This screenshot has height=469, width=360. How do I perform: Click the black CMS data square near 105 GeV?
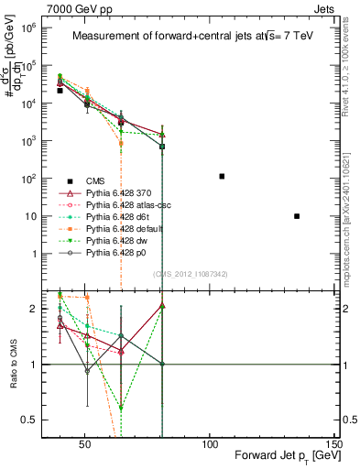[x=222, y=176]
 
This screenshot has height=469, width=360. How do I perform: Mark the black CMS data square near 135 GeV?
[x=296, y=216]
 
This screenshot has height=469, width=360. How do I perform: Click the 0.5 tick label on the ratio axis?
[x=24, y=420]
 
